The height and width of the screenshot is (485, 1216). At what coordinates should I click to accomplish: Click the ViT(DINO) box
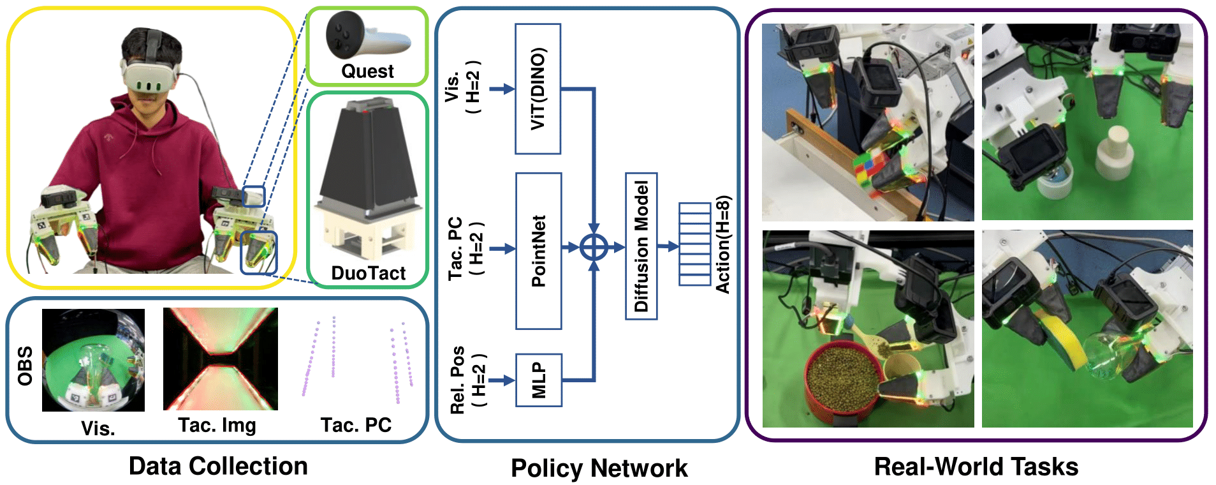538,89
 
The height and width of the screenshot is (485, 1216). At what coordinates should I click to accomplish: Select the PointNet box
538,251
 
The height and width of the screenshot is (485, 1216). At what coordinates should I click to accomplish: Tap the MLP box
539,380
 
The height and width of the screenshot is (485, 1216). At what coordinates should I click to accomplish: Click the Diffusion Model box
641,246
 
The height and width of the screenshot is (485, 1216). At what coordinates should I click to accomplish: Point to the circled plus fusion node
594,247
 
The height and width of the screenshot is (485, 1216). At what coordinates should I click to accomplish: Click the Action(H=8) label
723,245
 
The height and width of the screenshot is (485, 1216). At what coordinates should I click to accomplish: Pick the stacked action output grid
694,244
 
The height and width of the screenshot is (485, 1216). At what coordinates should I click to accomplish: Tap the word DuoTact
368,273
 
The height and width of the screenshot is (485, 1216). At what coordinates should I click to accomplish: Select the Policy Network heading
599,468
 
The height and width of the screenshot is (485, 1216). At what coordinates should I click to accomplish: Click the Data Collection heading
218,466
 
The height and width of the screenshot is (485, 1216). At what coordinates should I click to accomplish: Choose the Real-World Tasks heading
976,467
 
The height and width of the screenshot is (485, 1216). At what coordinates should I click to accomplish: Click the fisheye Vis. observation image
93,360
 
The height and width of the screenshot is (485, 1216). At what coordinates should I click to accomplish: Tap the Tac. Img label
217,425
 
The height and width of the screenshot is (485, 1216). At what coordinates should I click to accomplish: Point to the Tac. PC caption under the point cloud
356,425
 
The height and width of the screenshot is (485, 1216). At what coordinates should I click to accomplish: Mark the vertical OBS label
25,366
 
